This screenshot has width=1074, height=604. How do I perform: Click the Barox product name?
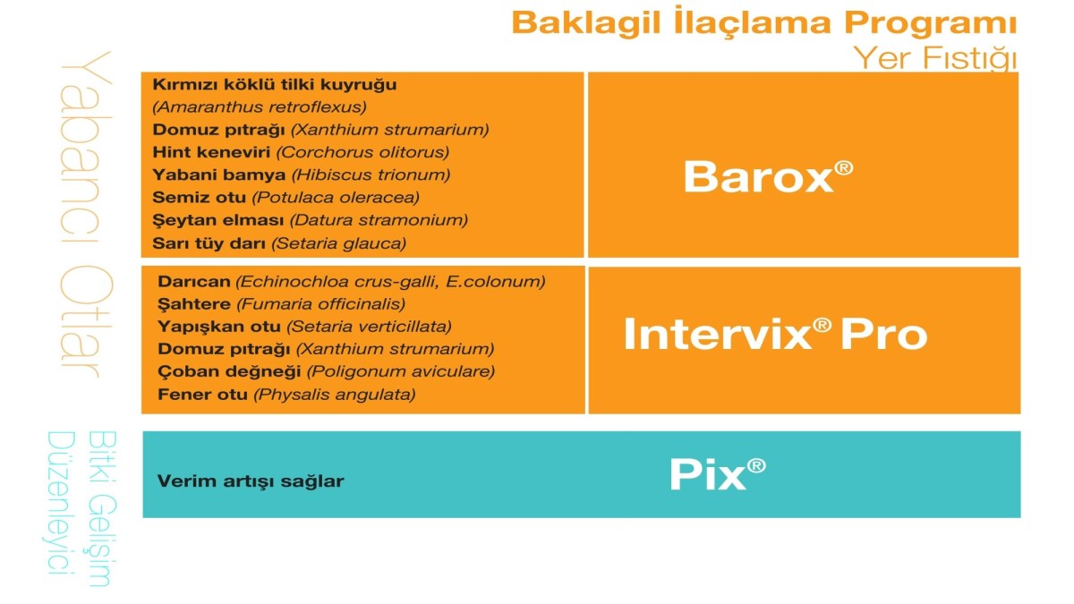click(768, 176)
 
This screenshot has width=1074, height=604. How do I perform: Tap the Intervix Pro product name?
click(775, 334)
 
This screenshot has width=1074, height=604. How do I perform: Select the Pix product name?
click(717, 474)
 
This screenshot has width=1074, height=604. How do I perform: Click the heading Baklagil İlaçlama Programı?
click(764, 21)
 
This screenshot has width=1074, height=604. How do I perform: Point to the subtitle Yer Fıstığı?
click(935, 58)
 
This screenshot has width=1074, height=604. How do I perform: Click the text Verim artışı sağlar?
click(251, 481)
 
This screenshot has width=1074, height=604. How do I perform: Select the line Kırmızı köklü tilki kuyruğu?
click(274, 84)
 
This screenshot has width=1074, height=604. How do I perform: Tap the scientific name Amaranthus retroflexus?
click(260, 106)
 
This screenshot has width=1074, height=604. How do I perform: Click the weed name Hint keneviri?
click(211, 152)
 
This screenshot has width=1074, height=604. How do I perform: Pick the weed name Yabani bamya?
click(218, 174)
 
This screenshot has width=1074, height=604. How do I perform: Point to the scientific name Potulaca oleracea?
click(336, 198)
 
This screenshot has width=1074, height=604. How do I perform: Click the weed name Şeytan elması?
click(218, 220)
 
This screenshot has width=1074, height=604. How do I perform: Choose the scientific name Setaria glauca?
click(339, 243)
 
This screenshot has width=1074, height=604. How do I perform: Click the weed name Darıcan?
click(193, 281)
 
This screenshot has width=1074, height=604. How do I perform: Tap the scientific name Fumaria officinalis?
click(321, 304)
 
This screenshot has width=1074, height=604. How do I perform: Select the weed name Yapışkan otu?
click(219, 327)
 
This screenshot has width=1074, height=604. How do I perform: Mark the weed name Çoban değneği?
click(229, 371)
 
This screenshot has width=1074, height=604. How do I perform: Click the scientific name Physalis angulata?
click(335, 395)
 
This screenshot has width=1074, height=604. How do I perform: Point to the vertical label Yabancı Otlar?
click(85, 214)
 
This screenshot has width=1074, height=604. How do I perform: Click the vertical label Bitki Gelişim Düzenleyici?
click(81, 508)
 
